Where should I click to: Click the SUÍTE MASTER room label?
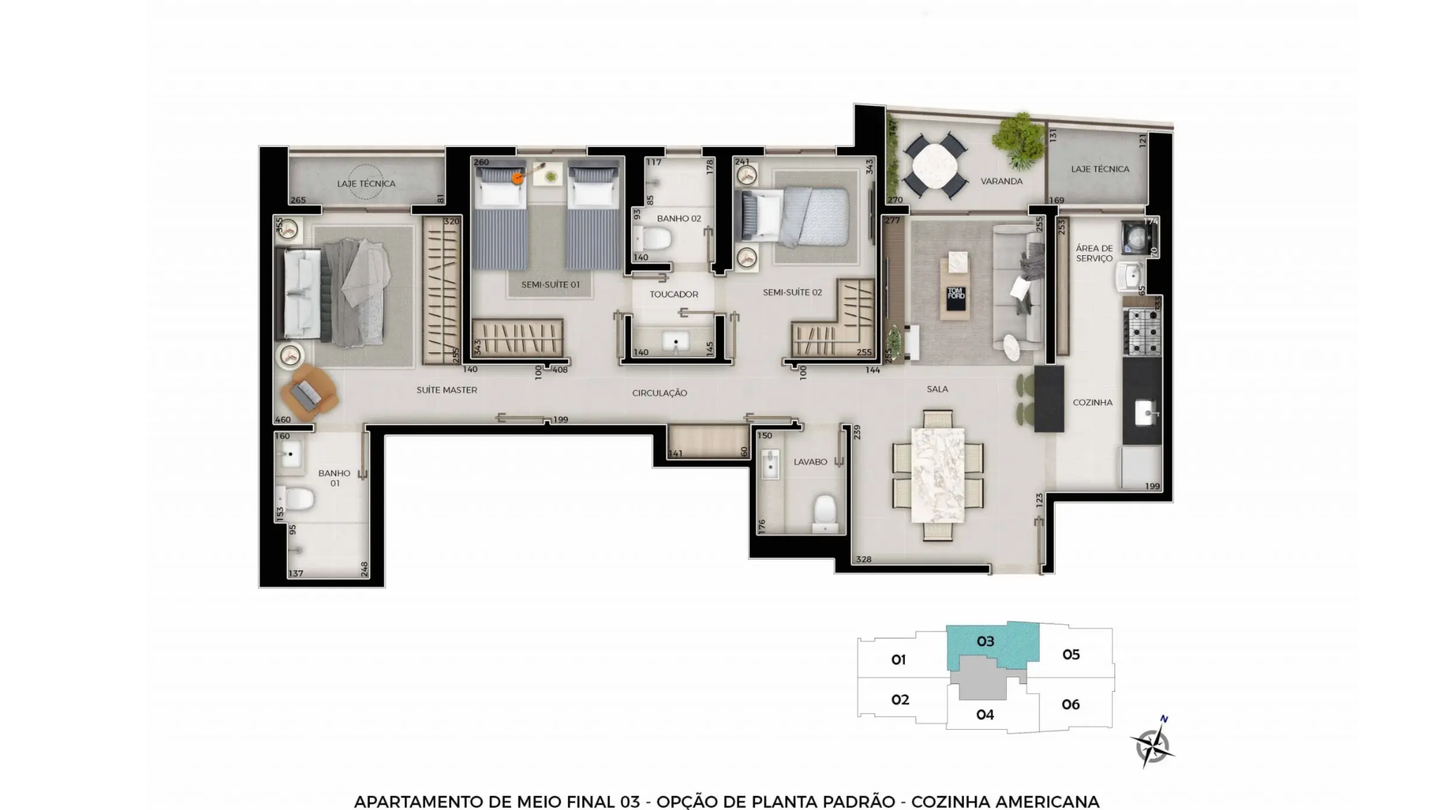coord(446,390)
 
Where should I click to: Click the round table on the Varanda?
coord(934,166)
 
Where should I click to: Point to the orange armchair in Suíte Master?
coord(309,394)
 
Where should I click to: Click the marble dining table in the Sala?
coord(937,475)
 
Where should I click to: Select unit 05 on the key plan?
coord(1071,655)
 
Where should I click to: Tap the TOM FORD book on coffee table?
coord(956,296)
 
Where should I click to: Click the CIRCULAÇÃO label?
coord(660,393)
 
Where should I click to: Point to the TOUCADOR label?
coord(674,294)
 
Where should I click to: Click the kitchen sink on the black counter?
coord(1146,413)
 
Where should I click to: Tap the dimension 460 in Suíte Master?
coord(283,420)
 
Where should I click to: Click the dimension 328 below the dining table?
coord(863,560)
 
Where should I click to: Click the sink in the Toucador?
coord(676,342)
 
